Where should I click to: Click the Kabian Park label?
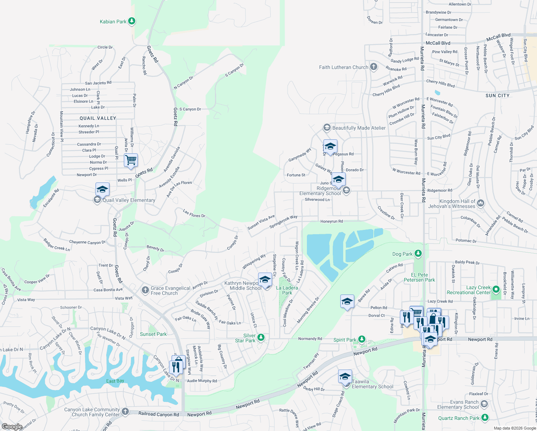pyautogui.click(x=113, y=22)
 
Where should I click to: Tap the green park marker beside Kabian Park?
pyautogui.click(x=132, y=21)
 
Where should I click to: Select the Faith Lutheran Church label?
pyautogui.click(x=344, y=67)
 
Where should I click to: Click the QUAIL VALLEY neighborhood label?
pyautogui.click(x=98, y=118)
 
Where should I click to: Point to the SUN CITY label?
pyautogui.click(x=497, y=96)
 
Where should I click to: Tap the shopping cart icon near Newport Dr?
pyautogui.click(x=131, y=160)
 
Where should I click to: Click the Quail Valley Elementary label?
pyautogui.click(x=129, y=200)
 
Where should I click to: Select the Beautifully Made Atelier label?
pyautogui.click(x=359, y=128)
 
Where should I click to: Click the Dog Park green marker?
pyautogui.click(x=418, y=254)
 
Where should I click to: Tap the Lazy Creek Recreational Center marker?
pyautogui.click(x=496, y=289)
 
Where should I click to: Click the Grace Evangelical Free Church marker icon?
pyautogui.click(x=145, y=290)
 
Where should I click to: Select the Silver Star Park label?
pyautogui.click(x=245, y=338)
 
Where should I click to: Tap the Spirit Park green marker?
pyautogui.click(x=362, y=339)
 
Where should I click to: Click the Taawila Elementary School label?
pyautogui.click(x=372, y=384)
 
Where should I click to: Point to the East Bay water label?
pyautogui.click(x=115, y=381)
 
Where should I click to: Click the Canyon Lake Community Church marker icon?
pyautogui.click(x=125, y=411)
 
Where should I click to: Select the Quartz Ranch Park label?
pyautogui.click(x=459, y=418)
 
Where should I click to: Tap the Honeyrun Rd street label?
pyautogui.click(x=331, y=222)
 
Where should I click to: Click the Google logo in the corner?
pyautogui.click(x=12, y=427)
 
